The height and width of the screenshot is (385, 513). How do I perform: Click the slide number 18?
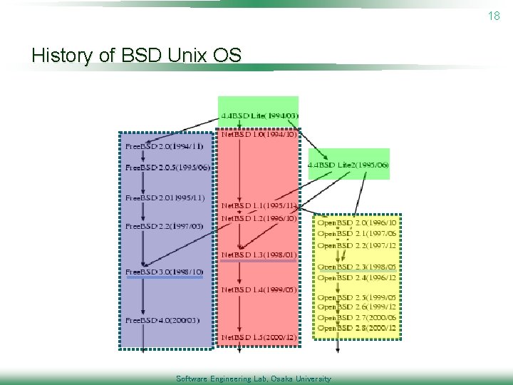(x=494, y=16)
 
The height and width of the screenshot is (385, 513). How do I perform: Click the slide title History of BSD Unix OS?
(x=137, y=55)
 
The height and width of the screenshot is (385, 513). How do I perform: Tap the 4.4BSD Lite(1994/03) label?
(x=259, y=115)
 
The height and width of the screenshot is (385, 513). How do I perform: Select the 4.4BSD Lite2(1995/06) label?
(x=348, y=165)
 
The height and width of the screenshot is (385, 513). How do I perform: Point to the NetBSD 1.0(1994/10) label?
(x=259, y=134)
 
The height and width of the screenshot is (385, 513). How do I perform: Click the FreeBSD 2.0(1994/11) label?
(x=164, y=146)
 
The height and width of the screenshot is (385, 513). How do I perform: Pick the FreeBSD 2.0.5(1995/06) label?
(x=167, y=168)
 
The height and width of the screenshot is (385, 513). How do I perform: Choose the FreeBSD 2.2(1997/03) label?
(x=164, y=226)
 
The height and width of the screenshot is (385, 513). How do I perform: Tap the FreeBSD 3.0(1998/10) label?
(x=164, y=272)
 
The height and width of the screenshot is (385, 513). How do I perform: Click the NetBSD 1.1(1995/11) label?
(x=259, y=205)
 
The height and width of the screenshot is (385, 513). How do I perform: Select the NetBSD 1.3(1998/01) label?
(x=259, y=255)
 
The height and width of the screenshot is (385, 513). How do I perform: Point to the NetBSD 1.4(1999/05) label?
(x=259, y=289)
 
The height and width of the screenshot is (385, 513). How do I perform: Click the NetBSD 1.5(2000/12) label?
(x=259, y=337)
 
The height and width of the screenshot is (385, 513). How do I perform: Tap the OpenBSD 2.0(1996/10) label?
(x=357, y=222)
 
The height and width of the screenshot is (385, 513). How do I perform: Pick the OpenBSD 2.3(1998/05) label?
(x=357, y=267)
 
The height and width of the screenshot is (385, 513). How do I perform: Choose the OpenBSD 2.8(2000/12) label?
(x=357, y=328)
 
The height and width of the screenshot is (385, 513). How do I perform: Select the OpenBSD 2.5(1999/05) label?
(x=357, y=297)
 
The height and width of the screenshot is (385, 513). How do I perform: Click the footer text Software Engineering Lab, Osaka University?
(x=254, y=379)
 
